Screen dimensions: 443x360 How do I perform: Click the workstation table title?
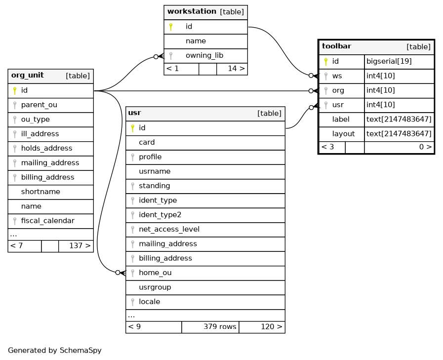coord(192,11)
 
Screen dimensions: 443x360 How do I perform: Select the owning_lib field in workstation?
coord(204,55)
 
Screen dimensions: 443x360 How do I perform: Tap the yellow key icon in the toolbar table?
coord(326,61)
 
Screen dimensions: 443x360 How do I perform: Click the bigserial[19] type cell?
coord(389,61)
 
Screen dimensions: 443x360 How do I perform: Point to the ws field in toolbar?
coord(337,76)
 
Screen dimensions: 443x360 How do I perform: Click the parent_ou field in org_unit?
coord(39,105)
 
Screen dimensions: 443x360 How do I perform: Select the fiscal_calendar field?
coord(48,221)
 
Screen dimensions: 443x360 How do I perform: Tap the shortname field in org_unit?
coord(40,192)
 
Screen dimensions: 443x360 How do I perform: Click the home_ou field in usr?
coord(155,273)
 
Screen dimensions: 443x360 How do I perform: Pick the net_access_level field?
coord(169,229)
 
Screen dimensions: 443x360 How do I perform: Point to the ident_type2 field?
coord(160,215)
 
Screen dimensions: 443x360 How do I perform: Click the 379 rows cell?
coord(220,326)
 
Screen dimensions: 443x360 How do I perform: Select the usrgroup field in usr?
coord(155,287)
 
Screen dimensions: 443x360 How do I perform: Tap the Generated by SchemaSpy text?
coord(54,351)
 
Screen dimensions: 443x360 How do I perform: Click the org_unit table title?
coord(27,75)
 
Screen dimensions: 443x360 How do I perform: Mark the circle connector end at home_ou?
coord(118,273)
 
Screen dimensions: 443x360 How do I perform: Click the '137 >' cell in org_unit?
coord(80,245)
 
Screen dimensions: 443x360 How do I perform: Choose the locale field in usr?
coord(150,302)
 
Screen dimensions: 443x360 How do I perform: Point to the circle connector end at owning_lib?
coord(156,57)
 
